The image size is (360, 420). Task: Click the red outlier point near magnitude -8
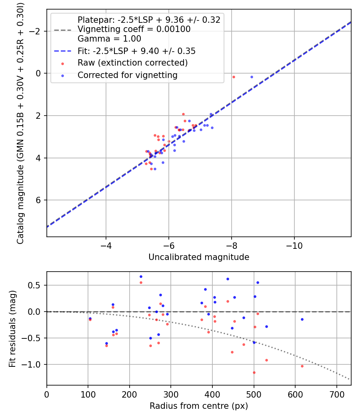[x=234, y=77]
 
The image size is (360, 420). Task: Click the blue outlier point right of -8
[x=252, y=77]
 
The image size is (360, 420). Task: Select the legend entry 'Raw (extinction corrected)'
[x=132, y=63]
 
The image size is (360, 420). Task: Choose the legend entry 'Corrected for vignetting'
[x=127, y=75]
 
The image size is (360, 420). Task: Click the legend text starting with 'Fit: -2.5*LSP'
[x=136, y=51]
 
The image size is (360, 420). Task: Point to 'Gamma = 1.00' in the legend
[x=109, y=39]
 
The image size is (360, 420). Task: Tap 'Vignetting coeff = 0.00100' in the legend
[x=134, y=29]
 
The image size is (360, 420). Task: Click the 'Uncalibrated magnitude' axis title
[x=199, y=257]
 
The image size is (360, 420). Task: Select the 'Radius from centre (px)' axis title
[x=199, y=406]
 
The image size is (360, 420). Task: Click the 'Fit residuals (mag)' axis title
[x=12, y=328]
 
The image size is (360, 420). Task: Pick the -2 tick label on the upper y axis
[x=37, y=31]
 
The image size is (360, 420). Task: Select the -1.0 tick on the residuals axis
[x=35, y=364]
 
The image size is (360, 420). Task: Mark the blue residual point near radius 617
[x=302, y=319]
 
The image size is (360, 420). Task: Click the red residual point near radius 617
[x=302, y=366]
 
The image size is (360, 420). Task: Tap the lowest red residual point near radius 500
[x=254, y=372]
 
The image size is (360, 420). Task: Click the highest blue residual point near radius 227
[x=141, y=276]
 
